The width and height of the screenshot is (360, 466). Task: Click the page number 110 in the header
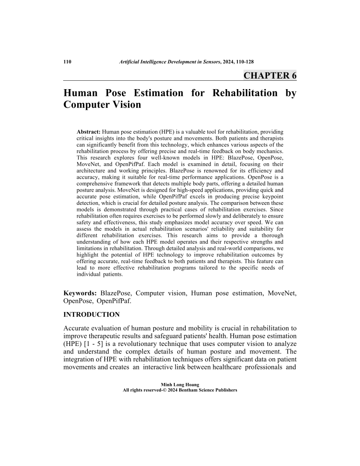coord(67,62)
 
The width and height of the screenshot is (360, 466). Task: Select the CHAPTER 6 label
coord(270,75)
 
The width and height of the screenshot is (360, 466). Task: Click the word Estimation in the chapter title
coord(152,93)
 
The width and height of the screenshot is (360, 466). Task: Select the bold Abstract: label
coord(89,132)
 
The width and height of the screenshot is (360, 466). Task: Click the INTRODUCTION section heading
coord(92,315)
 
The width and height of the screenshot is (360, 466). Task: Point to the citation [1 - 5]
coord(101,344)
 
